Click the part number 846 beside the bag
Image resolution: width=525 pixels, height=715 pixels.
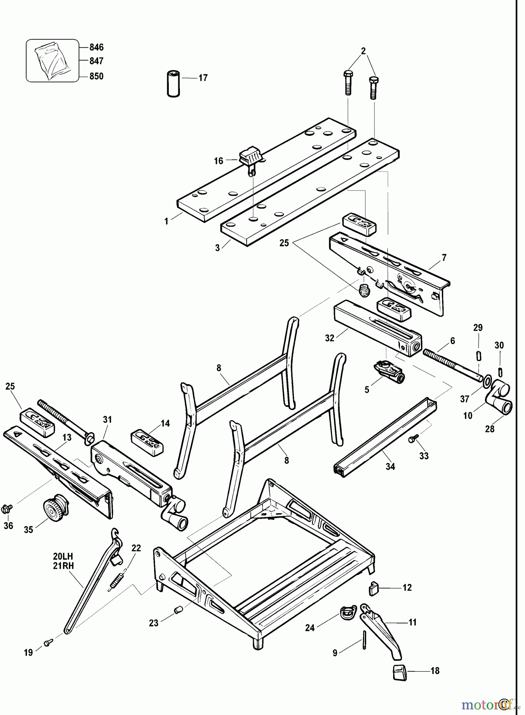[96, 47]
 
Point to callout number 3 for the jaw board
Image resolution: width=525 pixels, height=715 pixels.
[217, 248]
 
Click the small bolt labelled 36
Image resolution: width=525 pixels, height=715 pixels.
[7, 508]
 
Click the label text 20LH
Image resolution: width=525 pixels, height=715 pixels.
[64, 556]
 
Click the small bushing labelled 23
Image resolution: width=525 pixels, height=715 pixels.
[178, 609]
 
